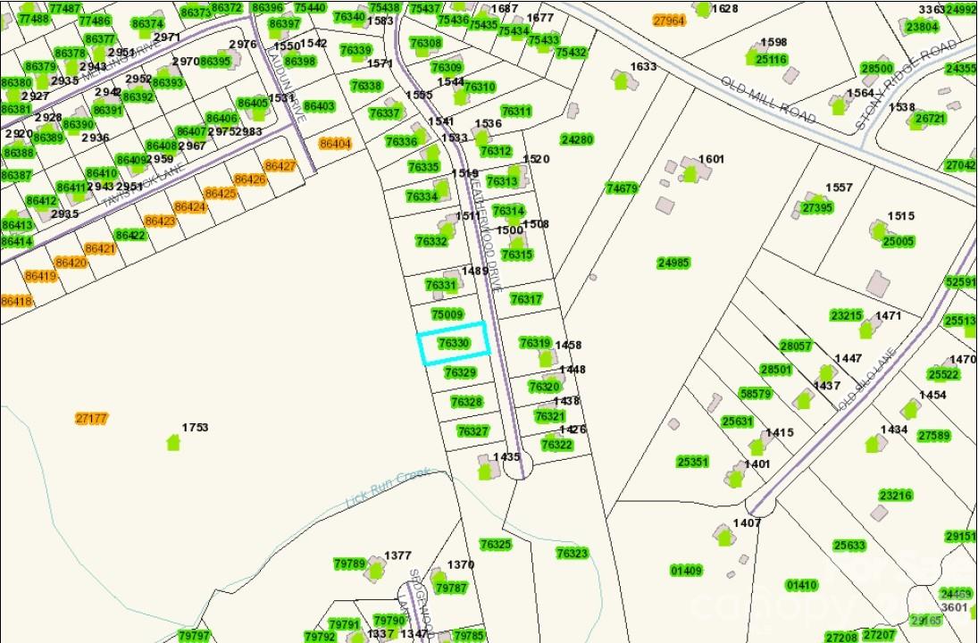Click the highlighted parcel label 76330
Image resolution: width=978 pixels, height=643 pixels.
pos(454,343)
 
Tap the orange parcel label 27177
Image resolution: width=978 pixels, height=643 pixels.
pos(92,418)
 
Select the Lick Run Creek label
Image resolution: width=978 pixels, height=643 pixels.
pos(389,487)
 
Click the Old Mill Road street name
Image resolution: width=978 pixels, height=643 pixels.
pos(767,99)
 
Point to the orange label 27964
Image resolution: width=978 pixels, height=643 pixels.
pos(668,20)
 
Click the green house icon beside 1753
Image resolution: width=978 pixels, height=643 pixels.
pos(172,442)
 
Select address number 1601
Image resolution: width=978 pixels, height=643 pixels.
pos(711,159)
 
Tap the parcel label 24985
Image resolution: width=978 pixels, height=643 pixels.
pos(673,263)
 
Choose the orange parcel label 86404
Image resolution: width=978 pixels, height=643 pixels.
pos(335,143)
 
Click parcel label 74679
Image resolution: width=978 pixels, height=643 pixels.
pos(622,188)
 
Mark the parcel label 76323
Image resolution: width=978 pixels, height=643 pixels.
pos(572,554)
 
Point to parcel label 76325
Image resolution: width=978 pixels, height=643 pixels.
pos(496,544)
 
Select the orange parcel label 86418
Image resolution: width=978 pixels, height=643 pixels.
pos(16,301)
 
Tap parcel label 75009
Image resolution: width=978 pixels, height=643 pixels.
pos(447,314)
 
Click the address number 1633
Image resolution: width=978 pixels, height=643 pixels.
pos(643,67)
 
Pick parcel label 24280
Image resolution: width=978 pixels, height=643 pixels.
pos(577,139)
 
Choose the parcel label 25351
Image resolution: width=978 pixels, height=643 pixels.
pos(692,462)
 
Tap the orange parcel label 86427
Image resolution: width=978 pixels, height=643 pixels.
pos(280,166)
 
